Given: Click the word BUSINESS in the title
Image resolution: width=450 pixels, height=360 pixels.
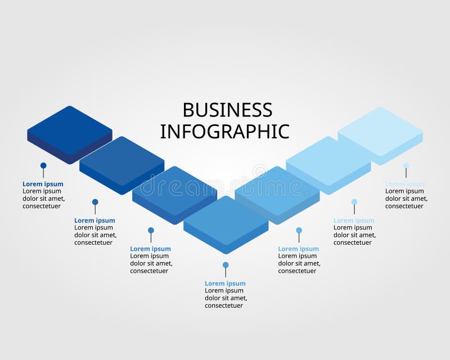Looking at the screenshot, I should pyautogui.click(x=227, y=110).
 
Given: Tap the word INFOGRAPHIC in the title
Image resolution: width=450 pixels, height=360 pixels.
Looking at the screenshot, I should pyautogui.click(x=224, y=131).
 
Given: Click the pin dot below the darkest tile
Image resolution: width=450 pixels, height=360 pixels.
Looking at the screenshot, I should pyautogui.click(x=43, y=165).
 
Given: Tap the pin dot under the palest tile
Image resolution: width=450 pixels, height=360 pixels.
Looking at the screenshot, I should pyautogui.click(x=406, y=165).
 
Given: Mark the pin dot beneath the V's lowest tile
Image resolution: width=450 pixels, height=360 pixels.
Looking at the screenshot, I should pyautogui.click(x=226, y=265).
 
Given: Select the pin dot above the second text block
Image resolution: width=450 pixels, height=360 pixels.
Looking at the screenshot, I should pyautogui.click(x=95, y=202).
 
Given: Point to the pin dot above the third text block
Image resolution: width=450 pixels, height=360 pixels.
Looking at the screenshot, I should pyautogui.click(x=151, y=230).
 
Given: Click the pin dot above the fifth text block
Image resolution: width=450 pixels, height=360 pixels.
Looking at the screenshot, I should pyautogui.click(x=299, y=230).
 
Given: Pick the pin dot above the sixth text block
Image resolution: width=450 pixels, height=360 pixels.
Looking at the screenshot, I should pyautogui.click(x=354, y=202).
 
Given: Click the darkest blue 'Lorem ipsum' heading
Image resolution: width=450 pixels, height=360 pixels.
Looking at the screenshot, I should pyautogui.click(x=43, y=184).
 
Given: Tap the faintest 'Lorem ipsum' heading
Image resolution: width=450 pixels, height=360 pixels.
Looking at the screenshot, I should pyautogui.click(x=406, y=184).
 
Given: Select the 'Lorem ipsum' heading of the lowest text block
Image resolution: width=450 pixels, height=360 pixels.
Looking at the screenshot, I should pyautogui.click(x=225, y=283).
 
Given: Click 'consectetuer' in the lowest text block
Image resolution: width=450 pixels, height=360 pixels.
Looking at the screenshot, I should pyautogui.click(x=224, y=305).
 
